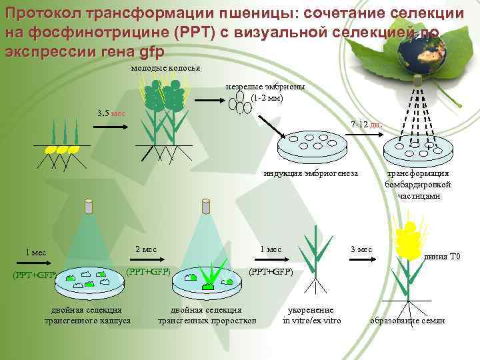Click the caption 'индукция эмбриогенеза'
pyautogui.click(x=311, y=174)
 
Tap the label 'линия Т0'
pyautogui.click(x=443, y=257)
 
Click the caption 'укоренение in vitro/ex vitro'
pyautogui.click(x=311, y=315)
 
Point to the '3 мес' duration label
pyautogui.click(x=361, y=249)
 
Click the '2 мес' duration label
pyautogui.click(x=145, y=249)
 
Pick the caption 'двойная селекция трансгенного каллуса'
pyautogui.click(x=87, y=315)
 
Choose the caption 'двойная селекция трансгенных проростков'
pyautogui.click(x=207, y=315)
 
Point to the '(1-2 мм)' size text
pyautogui.click(x=267, y=97)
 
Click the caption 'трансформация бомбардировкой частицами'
pyautogui.click(x=418, y=185)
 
